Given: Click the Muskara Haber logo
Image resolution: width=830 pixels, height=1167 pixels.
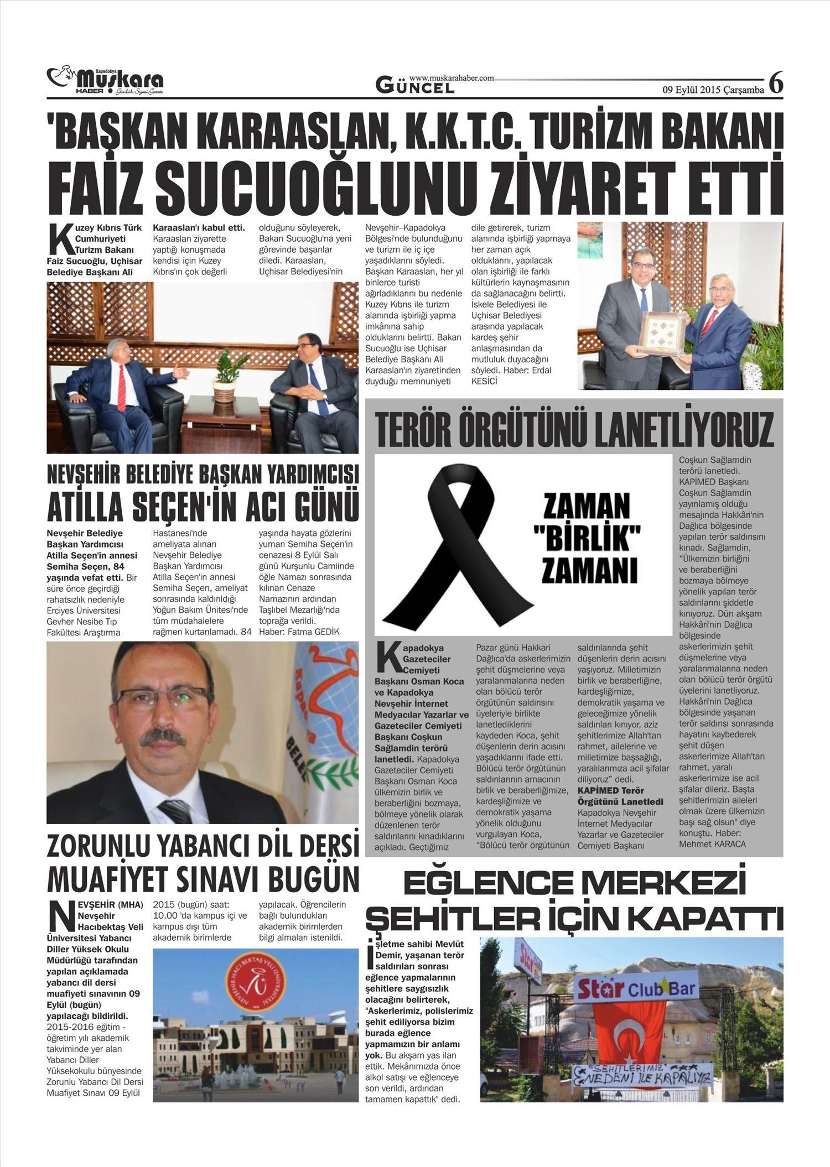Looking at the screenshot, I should point(105,81).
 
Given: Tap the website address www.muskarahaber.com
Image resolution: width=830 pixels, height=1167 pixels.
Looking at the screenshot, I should point(451,79).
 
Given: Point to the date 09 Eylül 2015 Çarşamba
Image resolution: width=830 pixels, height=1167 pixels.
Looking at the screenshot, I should point(713,90).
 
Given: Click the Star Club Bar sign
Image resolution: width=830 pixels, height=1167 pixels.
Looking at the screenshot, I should point(635,988).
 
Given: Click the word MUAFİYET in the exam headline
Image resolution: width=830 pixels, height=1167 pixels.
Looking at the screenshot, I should point(108,878).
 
